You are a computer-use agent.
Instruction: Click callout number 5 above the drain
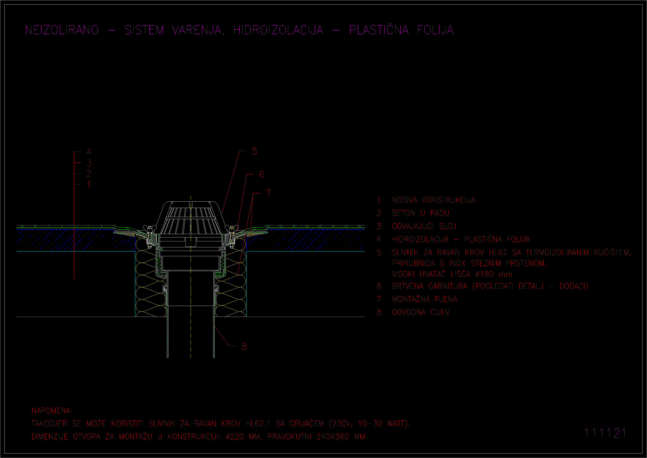pyautogui.click(x=254, y=151)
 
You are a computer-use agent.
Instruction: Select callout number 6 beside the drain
pyautogui.click(x=262, y=174)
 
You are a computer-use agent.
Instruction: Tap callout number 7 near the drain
pyautogui.click(x=268, y=193)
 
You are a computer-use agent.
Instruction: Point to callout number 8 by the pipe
pyautogui.click(x=244, y=346)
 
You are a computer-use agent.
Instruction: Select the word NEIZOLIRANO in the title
pyautogui.click(x=62, y=30)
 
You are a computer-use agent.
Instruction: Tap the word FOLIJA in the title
pyautogui.click(x=435, y=30)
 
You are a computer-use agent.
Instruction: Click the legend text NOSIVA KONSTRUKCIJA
pyautogui.click(x=433, y=200)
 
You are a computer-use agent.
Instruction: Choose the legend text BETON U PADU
pyautogui.click(x=420, y=213)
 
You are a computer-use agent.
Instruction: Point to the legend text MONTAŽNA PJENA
pyautogui.click(x=425, y=299)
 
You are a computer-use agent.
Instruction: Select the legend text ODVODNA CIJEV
pyautogui.click(x=421, y=312)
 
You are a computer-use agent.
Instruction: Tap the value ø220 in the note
pyautogui.click(x=235, y=437)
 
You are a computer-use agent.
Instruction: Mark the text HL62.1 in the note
pyautogui.click(x=258, y=424)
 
